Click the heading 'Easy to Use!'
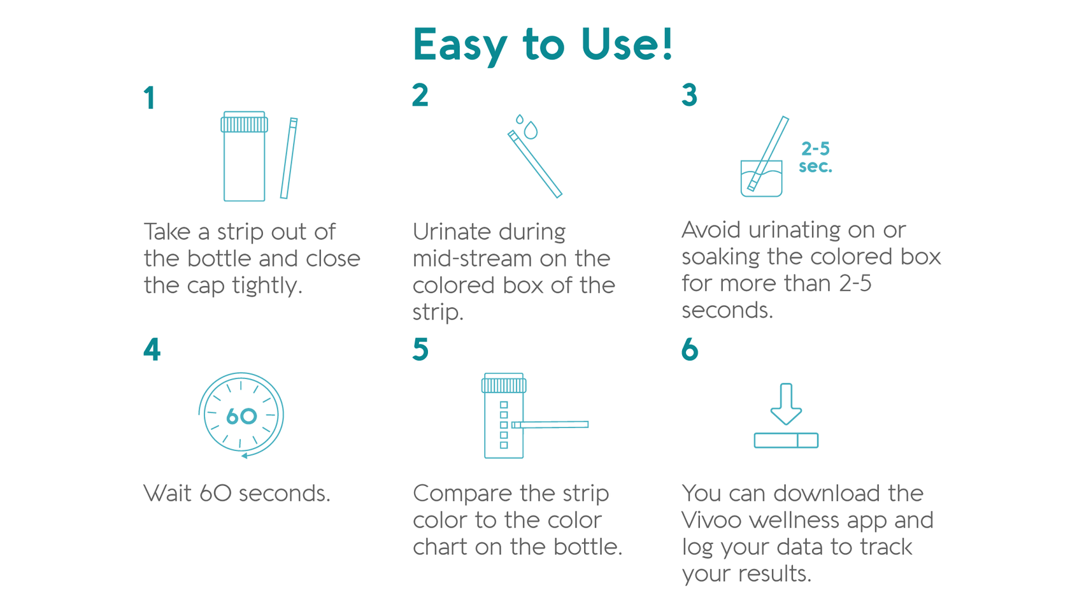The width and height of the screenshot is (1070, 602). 543,45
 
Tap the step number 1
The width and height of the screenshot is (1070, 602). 150,99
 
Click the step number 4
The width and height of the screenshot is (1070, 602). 152,350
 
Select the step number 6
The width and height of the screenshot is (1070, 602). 690,350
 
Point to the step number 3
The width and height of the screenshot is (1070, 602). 689,96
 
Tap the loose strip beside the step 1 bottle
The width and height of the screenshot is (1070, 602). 289,158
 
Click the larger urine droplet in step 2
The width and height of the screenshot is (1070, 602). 531,131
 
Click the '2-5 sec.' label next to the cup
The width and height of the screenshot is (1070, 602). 815,157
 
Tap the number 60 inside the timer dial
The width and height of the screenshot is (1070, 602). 241,417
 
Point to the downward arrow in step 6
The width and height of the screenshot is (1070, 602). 786,403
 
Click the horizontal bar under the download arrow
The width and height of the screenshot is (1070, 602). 786,440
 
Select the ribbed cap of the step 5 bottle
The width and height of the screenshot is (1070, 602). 504,384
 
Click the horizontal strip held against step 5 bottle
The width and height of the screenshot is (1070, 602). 552,424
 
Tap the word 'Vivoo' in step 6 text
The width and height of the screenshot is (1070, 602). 711,520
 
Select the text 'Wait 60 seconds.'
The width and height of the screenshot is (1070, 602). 237,494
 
